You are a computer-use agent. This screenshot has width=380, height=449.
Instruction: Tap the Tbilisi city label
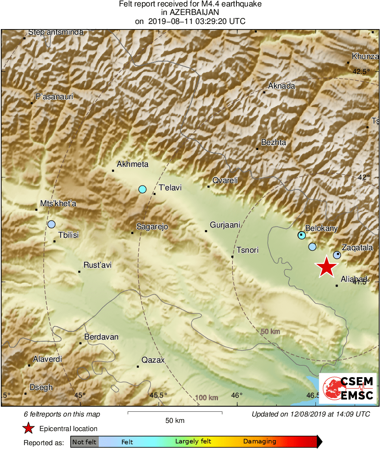[68, 235]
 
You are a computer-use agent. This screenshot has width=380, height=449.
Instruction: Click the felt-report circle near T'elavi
[142, 189]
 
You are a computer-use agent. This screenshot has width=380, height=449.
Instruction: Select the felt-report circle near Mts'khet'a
[52, 224]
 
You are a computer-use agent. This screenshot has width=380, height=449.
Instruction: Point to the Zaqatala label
[357, 248]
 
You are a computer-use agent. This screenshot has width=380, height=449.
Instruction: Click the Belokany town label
[321, 228]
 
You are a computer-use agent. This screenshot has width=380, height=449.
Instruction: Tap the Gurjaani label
[225, 225]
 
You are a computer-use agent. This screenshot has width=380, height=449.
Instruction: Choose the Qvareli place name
[225, 180]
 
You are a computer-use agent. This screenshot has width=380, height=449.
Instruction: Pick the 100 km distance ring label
[207, 398]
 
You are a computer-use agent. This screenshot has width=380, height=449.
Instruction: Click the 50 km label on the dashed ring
[270, 331]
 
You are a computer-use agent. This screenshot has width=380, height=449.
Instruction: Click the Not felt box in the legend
[84, 442]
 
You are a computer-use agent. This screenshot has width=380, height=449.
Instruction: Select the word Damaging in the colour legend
[259, 442]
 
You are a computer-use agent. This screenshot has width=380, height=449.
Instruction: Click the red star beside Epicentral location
[29, 428]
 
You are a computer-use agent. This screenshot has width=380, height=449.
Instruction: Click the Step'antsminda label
[56, 32]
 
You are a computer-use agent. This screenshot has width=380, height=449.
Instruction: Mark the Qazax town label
[153, 360]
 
